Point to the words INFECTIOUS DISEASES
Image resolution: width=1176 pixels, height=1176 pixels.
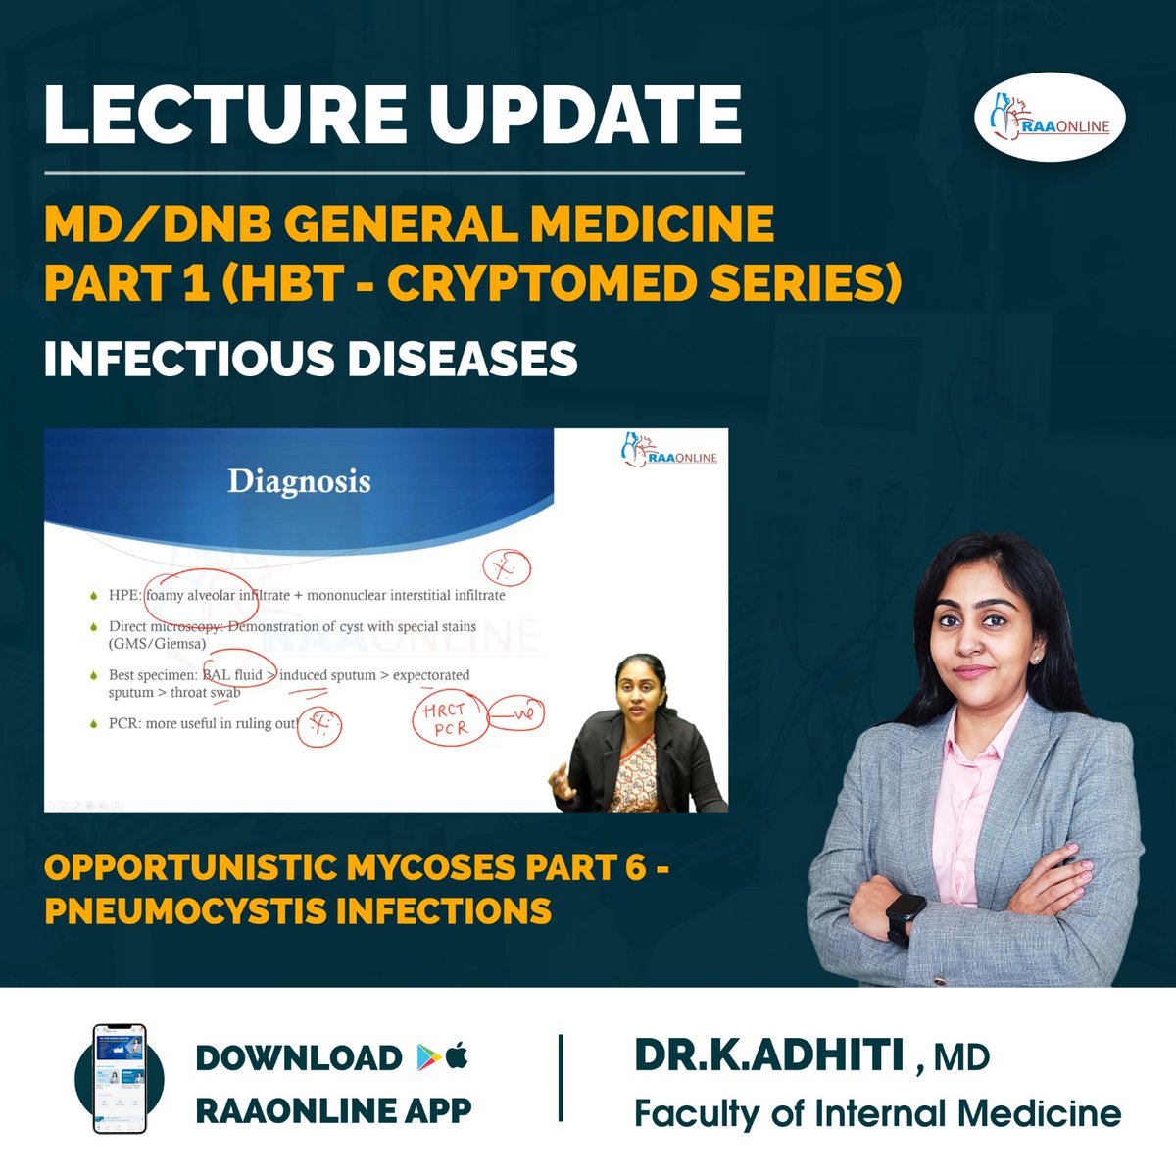pos(311,360)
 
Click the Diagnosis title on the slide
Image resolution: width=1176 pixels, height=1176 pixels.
pos(299,481)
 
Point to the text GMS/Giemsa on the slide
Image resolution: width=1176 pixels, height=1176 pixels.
pos(157,644)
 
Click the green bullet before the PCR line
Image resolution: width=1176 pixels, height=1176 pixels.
pos(93,725)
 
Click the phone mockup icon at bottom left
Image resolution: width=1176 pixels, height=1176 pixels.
pos(119,1079)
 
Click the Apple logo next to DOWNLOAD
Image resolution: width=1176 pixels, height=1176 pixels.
pos(457,1055)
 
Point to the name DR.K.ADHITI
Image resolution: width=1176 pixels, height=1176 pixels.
pos(769,1055)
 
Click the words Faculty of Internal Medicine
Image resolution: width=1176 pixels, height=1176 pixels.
pos(877,1114)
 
